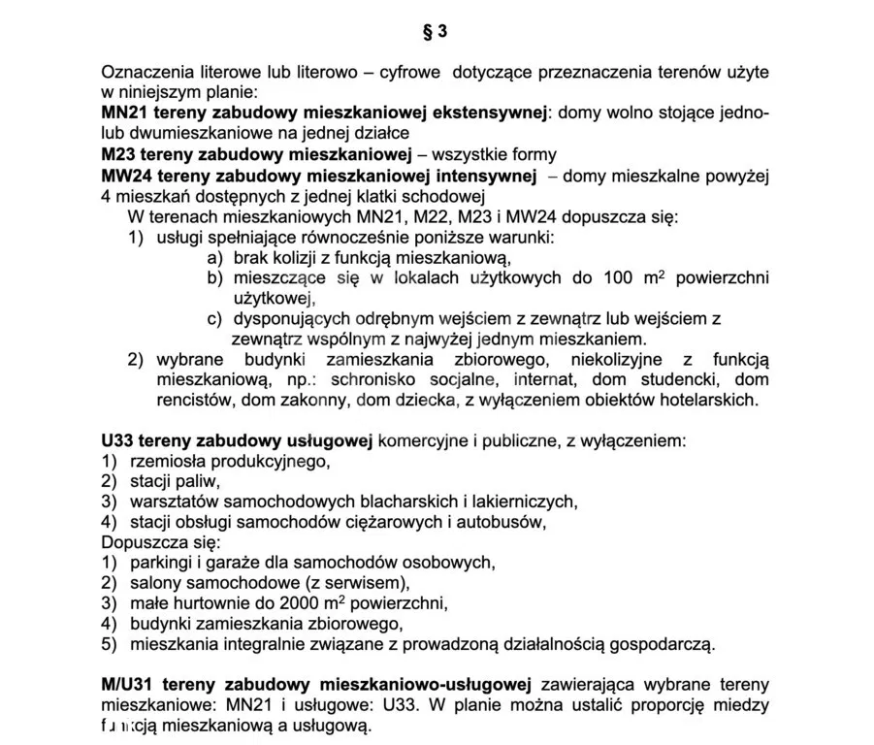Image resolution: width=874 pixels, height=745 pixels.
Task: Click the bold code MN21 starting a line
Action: tap(124, 113)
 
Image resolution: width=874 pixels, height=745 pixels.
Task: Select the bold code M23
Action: tap(119, 154)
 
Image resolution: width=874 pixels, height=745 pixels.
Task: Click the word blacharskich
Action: tap(412, 502)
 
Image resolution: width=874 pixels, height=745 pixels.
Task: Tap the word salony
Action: tap(156, 582)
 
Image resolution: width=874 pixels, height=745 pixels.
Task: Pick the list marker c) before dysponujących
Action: tap(214, 318)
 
